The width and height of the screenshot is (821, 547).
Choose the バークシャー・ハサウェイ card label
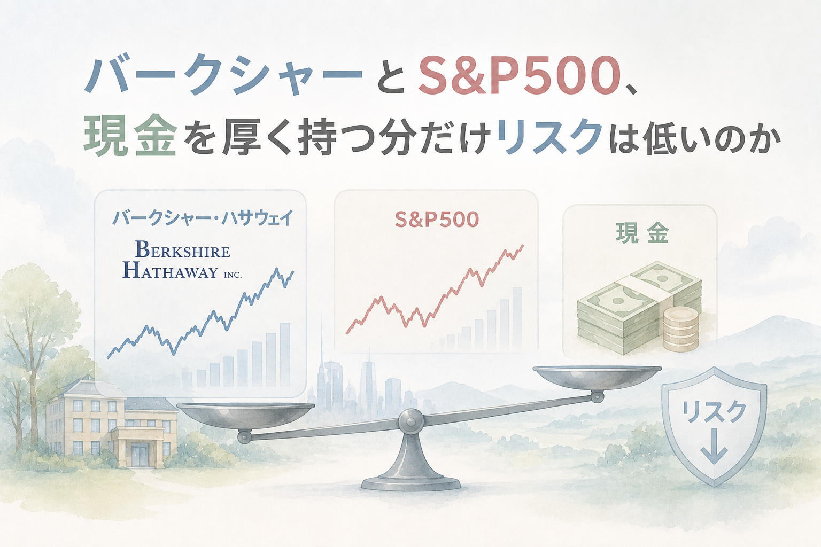(203, 218)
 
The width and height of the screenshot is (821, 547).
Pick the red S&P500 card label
(437, 220)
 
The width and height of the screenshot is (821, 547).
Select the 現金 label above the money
(642, 233)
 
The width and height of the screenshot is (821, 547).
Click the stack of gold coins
(680, 330)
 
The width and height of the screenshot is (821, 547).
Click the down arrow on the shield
(714, 450)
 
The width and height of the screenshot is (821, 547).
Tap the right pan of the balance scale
(597, 377)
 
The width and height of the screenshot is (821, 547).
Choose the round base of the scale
(410, 482)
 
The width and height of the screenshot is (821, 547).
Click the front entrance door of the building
(141, 455)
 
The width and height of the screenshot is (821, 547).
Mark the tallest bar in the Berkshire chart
(285, 355)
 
